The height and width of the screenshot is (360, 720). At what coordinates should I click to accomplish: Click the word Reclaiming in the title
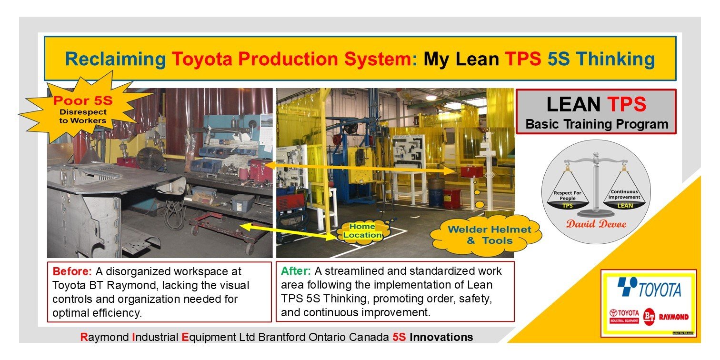115,59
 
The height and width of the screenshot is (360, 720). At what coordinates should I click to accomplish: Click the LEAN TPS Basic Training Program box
596,112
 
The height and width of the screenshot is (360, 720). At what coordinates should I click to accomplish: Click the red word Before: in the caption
72,272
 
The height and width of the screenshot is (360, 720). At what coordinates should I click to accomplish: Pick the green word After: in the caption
296,271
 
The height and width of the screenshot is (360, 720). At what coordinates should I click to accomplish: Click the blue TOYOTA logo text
660,290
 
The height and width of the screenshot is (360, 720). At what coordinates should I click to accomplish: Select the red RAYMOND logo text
675,317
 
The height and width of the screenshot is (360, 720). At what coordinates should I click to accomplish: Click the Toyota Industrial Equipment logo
623,317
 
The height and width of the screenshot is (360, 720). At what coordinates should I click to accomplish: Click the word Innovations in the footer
441,338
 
